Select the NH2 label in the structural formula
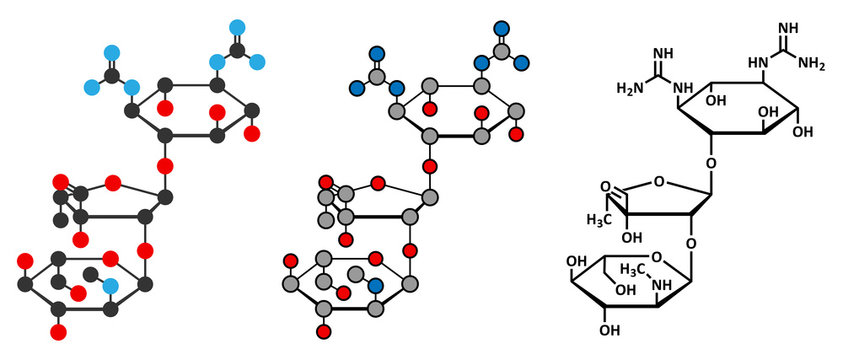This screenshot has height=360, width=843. tap(811, 65)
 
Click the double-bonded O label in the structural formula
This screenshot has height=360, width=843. tap(606, 186)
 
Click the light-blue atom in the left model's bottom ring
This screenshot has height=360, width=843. tap(110, 288)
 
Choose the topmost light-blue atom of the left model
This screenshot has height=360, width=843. tap(237, 26)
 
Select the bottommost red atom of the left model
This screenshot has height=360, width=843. tap(58, 330)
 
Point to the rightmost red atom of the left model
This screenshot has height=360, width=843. tap(252, 132)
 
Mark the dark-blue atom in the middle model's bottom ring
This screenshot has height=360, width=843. tap(375, 287)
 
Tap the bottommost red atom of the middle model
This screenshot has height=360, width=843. tap(323, 330)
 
